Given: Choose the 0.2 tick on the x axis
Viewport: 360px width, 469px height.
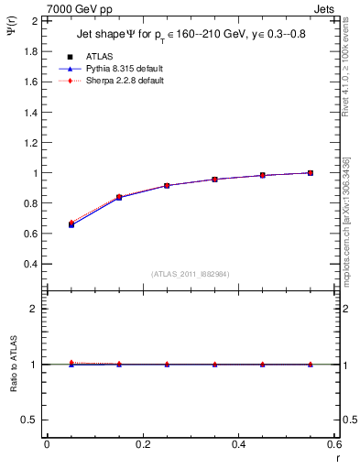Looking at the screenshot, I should pyautogui.click(x=142, y=444).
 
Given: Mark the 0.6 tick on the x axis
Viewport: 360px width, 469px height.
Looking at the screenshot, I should pyautogui.click(x=333, y=444).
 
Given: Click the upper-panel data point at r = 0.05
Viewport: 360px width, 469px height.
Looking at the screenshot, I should pyautogui.click(x=71, y=224).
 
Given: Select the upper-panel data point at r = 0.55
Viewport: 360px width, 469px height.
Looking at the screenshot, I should pyautogui.click(x=311, y=172).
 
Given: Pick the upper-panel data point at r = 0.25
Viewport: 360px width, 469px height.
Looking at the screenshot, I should pyautogui.click(x=167, y=185).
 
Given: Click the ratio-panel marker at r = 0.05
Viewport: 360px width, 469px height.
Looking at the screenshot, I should pyautogui.click(x=71, y=364).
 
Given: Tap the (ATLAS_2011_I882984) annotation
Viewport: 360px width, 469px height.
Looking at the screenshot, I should pyautogui.click(x=191, y=274).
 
